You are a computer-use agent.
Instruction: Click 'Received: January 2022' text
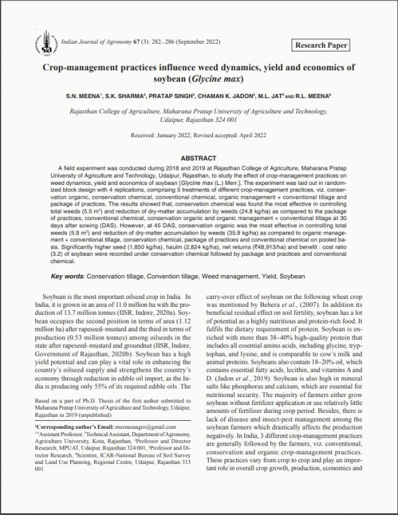point(159,135)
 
